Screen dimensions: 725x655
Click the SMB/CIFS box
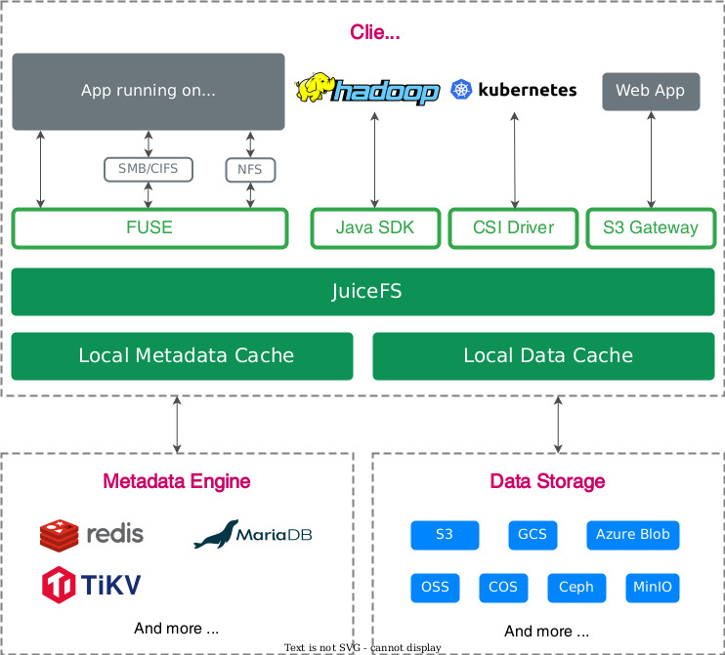point(148,169)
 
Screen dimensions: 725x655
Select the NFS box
point(250,170)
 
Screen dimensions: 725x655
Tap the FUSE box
point(149,228)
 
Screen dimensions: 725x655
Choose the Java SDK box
point(375,228)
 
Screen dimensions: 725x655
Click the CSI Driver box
point(513,228)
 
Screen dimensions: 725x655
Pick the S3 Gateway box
point(651,228)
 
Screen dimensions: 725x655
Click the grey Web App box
point(651,91)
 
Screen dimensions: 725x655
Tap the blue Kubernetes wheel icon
point(461,90)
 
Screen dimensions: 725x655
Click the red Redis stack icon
point(59,535)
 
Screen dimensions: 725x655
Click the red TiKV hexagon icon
point(59,585)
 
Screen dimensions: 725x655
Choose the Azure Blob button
point(632,535)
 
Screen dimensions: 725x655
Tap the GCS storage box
point(533,535)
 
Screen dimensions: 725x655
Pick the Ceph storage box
point(576,588)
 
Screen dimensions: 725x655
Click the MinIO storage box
point(653,588)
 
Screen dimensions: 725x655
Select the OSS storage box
point(435,588)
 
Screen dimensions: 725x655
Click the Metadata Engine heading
point(177,481)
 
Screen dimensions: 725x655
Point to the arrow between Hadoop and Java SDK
point(374,160)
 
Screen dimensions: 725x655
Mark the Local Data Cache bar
point(543,356)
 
